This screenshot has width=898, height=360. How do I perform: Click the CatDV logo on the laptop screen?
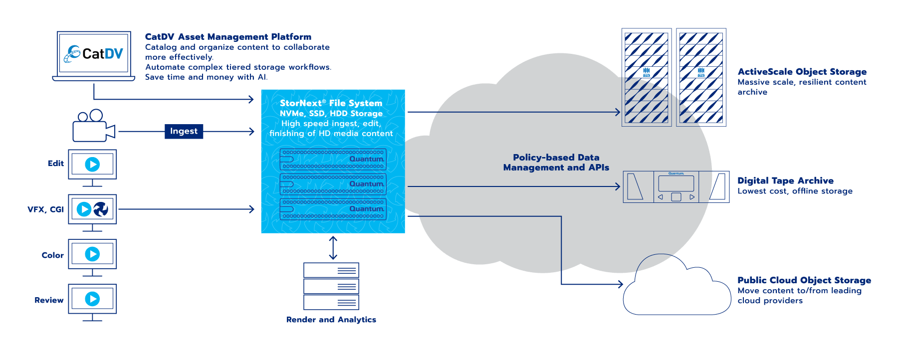93,53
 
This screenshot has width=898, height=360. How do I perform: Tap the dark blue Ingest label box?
184,131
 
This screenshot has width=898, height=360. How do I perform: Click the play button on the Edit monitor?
92,164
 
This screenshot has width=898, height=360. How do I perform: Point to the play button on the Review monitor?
92,299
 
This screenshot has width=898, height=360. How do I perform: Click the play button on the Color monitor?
92,254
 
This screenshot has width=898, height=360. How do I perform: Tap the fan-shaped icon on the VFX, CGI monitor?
101,209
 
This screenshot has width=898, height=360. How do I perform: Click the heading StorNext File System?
331,103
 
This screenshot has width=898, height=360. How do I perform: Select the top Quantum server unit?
333,159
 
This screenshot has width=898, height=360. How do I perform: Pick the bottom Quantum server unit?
333,209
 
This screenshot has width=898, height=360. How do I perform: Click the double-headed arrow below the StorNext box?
333,248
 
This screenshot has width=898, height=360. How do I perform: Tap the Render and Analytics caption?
331,320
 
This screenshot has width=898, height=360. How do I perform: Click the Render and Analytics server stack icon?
331,286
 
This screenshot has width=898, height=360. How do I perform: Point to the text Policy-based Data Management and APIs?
556,163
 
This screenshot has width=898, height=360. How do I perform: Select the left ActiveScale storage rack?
646,77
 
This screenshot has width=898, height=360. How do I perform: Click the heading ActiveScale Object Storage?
802,72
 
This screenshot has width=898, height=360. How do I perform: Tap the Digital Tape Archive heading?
785,180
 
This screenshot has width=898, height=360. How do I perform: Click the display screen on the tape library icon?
676,183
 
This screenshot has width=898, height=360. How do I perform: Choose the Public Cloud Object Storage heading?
804,280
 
